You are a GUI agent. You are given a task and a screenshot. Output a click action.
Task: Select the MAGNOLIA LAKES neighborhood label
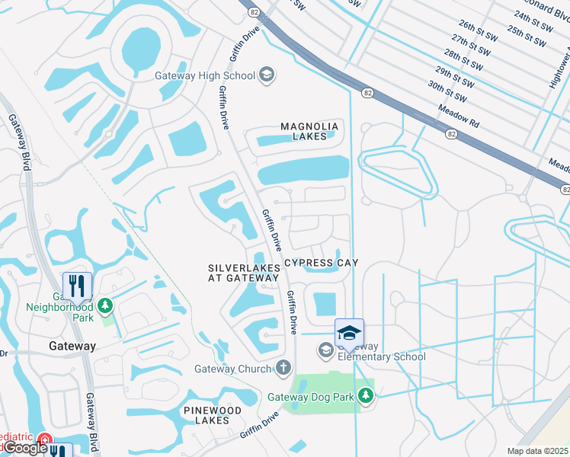[309, 132]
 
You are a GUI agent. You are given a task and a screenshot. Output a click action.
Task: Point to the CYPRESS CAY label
[321, 263]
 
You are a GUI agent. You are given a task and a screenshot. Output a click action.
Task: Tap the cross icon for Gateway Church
[283, 369]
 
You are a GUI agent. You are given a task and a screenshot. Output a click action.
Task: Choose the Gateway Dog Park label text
[312, 397]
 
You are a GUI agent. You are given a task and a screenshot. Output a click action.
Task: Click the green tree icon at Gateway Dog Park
[367, 396]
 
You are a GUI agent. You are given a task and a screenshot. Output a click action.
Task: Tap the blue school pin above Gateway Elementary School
[349, 333]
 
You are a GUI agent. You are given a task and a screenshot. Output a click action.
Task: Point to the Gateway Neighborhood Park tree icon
[104, 306]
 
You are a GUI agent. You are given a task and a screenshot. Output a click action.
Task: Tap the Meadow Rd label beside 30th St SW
[458, 116]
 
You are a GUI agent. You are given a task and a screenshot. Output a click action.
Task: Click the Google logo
[24, 448]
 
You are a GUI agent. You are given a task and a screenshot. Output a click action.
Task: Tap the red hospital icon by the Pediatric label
[45, 441]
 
